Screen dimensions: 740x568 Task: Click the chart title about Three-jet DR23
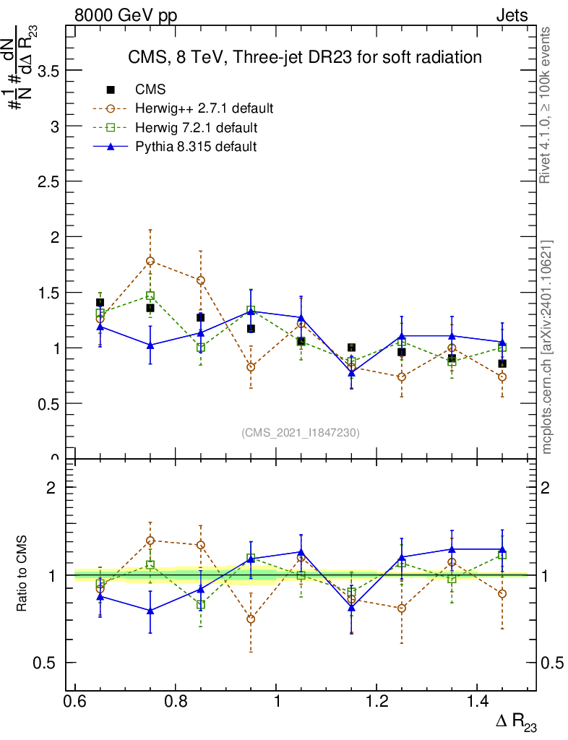[304, 56]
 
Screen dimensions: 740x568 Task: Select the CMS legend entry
[150, 90]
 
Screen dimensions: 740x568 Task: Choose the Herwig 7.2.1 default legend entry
[197, 127]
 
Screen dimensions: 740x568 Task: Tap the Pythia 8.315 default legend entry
[196, 146]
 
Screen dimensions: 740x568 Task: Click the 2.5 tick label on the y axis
[43, 181]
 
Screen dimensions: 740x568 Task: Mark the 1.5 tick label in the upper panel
[43, 293]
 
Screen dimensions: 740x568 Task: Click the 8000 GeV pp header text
[126, 15]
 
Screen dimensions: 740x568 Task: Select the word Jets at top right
[511, 15]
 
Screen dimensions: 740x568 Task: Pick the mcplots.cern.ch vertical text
[546, 347]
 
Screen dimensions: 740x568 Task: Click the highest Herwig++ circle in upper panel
[150, 261]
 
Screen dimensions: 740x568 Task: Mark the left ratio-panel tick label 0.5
[43, 663]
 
